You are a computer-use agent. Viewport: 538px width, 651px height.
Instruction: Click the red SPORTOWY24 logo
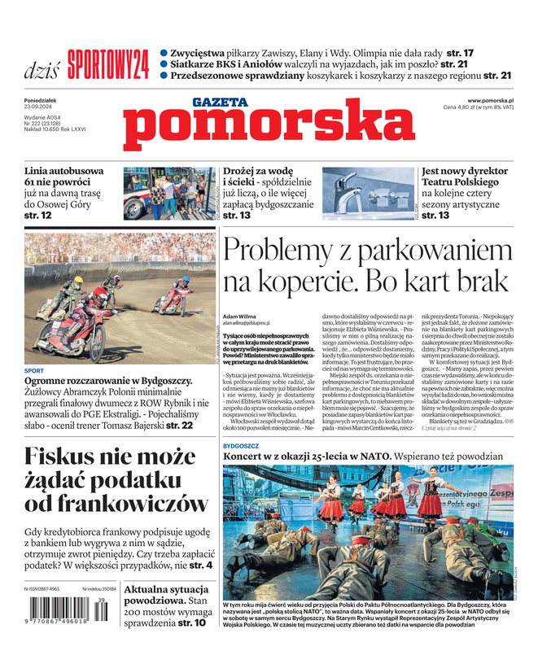click(x=108, y=64)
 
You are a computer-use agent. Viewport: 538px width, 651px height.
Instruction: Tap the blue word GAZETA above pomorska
click(x=220, y=102)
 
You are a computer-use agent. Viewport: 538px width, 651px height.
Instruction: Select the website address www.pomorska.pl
click(x=496, y=100)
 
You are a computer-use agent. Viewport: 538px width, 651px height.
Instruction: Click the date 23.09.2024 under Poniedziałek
click(x=40, y=107)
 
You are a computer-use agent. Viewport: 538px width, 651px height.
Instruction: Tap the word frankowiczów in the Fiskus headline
click(x=117, y=504)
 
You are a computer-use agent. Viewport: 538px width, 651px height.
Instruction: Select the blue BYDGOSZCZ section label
click(x=241, y=447)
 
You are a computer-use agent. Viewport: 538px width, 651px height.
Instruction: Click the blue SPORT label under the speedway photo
click(x=33, y=370)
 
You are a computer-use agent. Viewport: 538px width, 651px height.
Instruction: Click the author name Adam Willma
click(x=239, y=316)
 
